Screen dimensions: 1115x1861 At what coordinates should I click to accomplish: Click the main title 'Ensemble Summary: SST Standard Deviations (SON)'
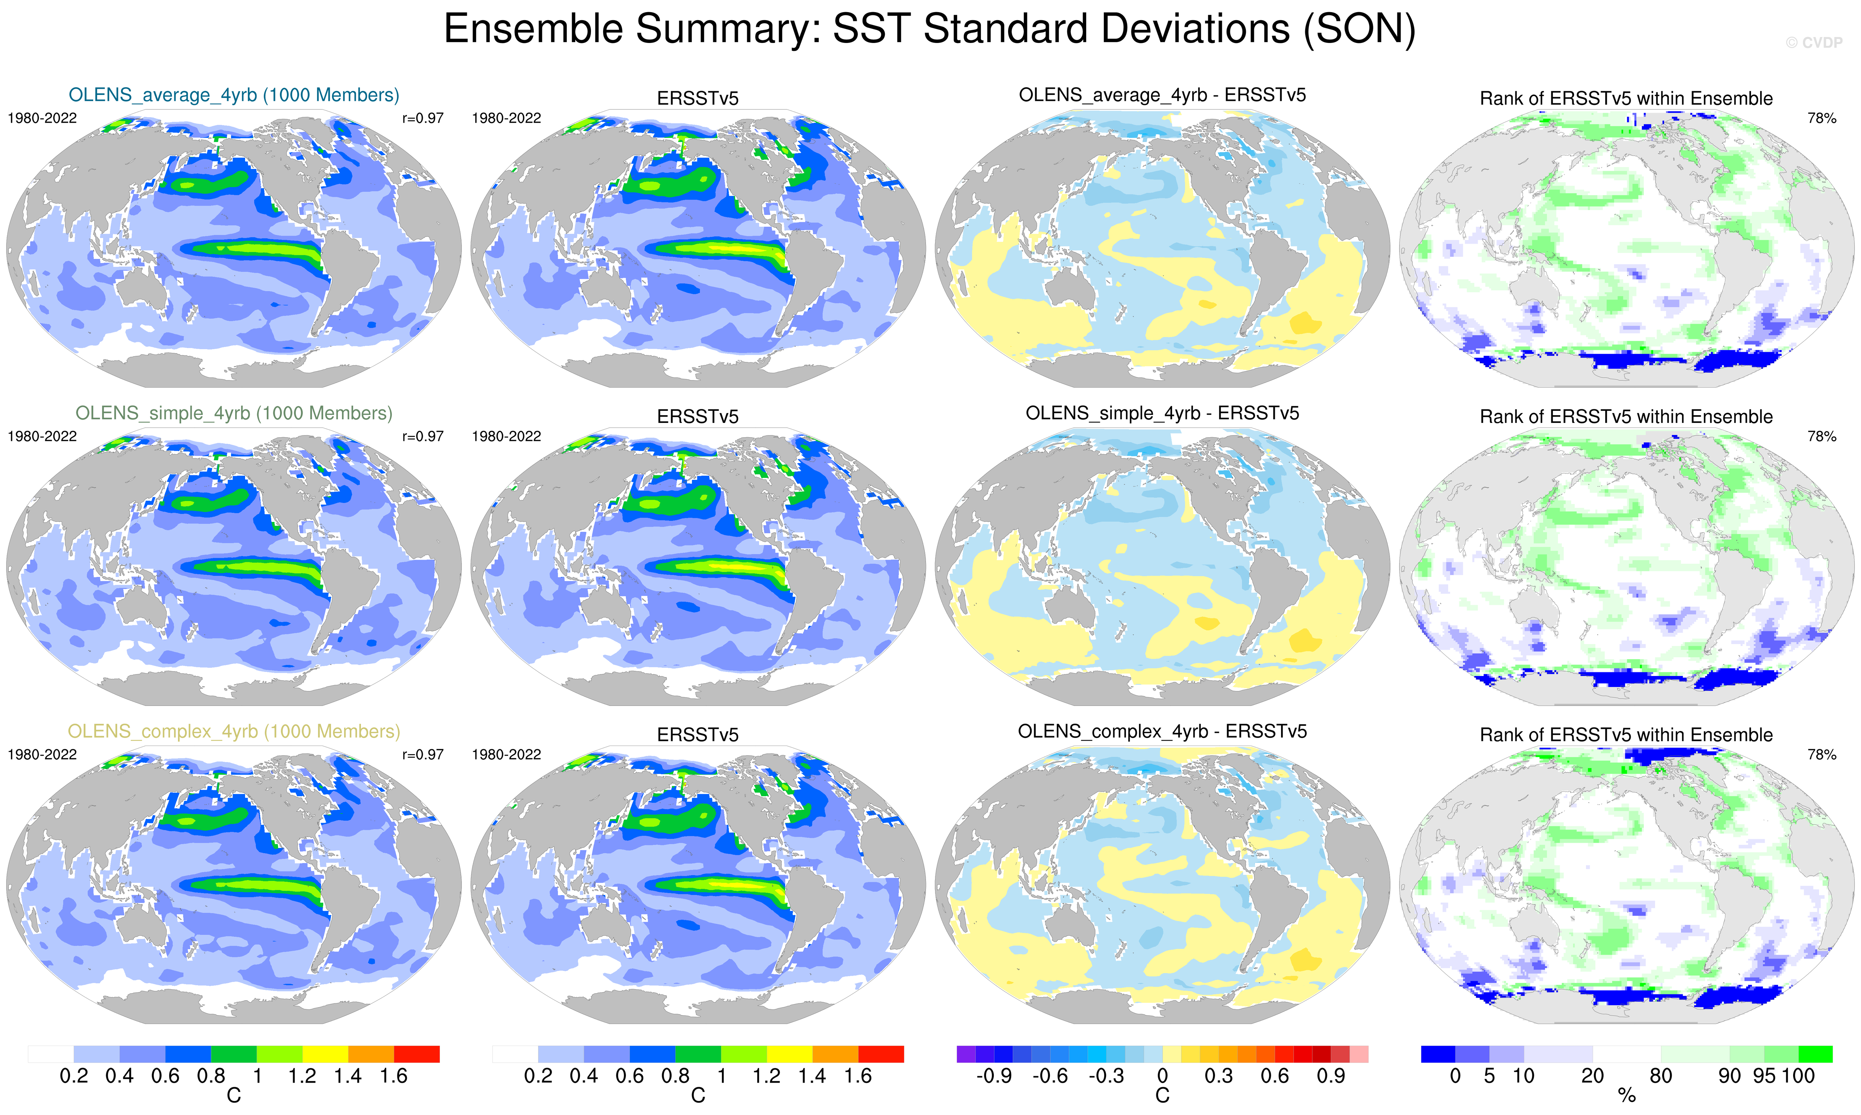(929, 30)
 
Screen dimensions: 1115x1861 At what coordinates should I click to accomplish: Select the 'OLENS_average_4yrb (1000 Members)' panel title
(234, 95)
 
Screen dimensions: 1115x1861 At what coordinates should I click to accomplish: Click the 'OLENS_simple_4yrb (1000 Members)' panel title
(234, 413)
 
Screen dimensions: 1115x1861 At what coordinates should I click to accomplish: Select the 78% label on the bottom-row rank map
(1821, 754)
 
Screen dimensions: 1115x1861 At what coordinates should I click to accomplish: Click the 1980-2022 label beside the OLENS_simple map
(42, 436)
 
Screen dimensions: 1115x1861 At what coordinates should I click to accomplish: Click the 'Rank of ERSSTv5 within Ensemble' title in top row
(1626, 98)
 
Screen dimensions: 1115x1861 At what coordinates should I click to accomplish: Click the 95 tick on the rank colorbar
(1764, 1076)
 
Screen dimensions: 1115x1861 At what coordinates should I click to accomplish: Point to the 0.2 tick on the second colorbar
(538, 1076)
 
